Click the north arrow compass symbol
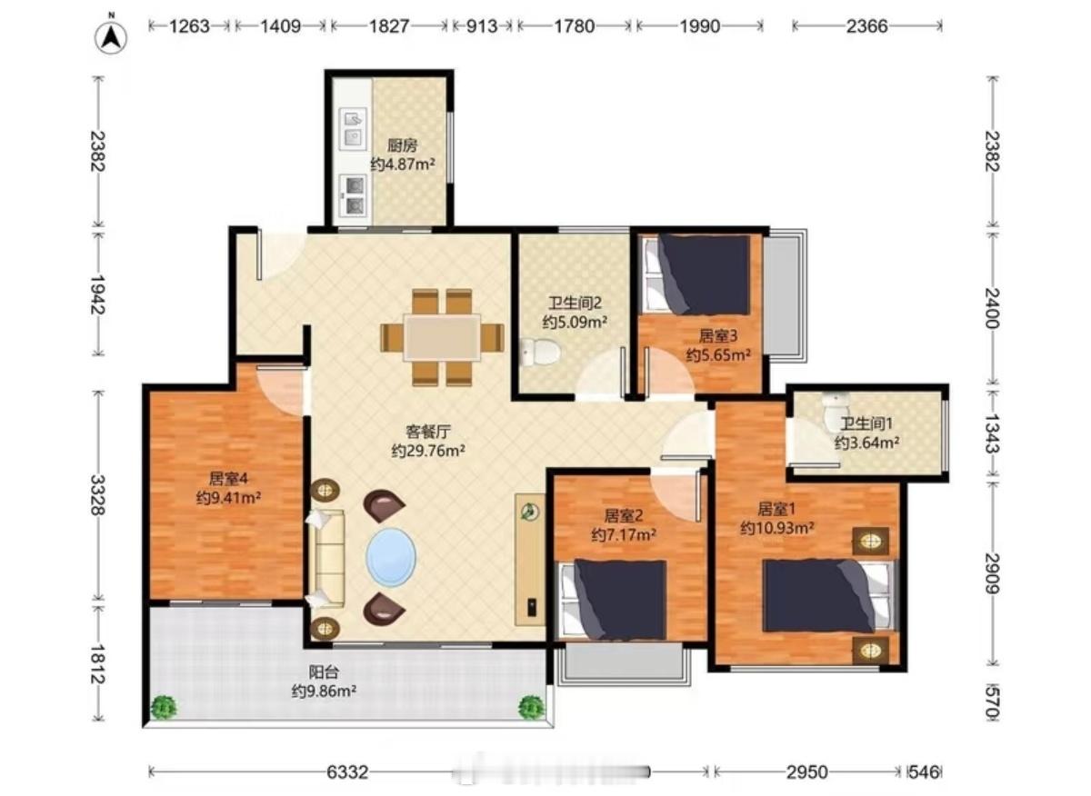click(x=111, y=37)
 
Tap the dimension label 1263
click(x=189, y=25)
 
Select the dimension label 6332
click(x=347, y=771)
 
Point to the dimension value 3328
click(x=98, y=494)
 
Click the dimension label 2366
click(x=866, y=25)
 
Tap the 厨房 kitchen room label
click(x=402, y=145)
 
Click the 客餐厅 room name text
click(x=428, y=432)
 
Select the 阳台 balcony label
click(x=324, y=672)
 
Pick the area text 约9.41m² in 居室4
click(x=228, y=498)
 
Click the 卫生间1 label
click(x=866, y=424)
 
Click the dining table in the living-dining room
click(x=442, y=338)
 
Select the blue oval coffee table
click(x=391, y=557)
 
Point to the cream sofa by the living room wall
click(x=326, y=559)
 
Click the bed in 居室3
click(x=695, y=274)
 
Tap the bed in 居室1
click(x=829, y=596)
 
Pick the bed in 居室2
click(x=613, y=601)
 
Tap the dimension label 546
click(x=924, y=771)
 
